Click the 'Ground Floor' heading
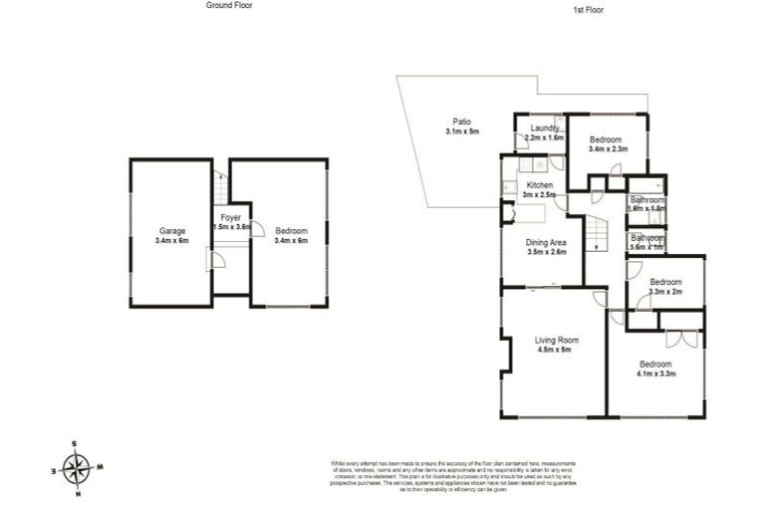[229, 5]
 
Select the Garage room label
[171, 235]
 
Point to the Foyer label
[230, 222]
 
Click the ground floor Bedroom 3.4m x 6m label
[291, 235]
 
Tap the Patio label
[461, 127]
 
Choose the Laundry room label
[544, 132]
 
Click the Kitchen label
[540, 189]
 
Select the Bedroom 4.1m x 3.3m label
[655, 369]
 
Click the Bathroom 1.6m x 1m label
[645, 241]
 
